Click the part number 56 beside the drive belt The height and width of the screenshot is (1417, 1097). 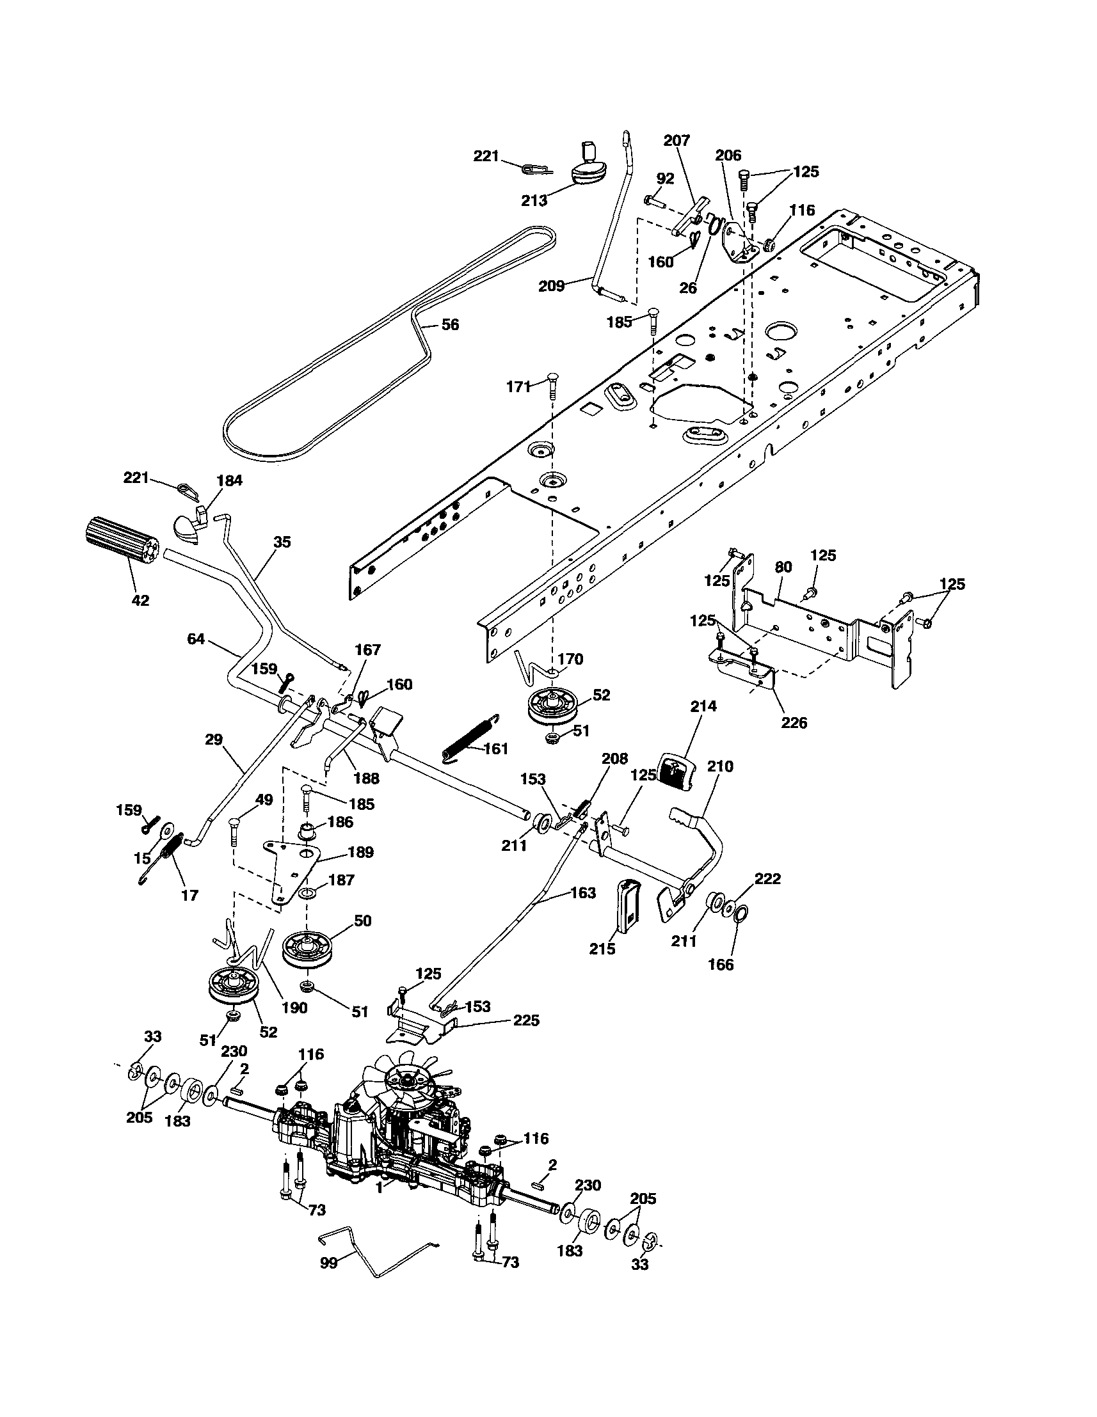[450, 324]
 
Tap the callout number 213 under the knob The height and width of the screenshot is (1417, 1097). [534, 200]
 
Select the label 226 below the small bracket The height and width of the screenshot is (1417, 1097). [794, 723]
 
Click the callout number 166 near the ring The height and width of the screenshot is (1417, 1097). [721, 965]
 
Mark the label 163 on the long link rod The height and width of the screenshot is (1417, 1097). [582, 894]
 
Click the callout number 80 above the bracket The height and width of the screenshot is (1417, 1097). [783, 566]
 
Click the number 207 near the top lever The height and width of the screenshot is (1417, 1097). [677, 140]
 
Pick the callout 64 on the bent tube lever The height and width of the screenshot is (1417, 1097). [195, 639]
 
